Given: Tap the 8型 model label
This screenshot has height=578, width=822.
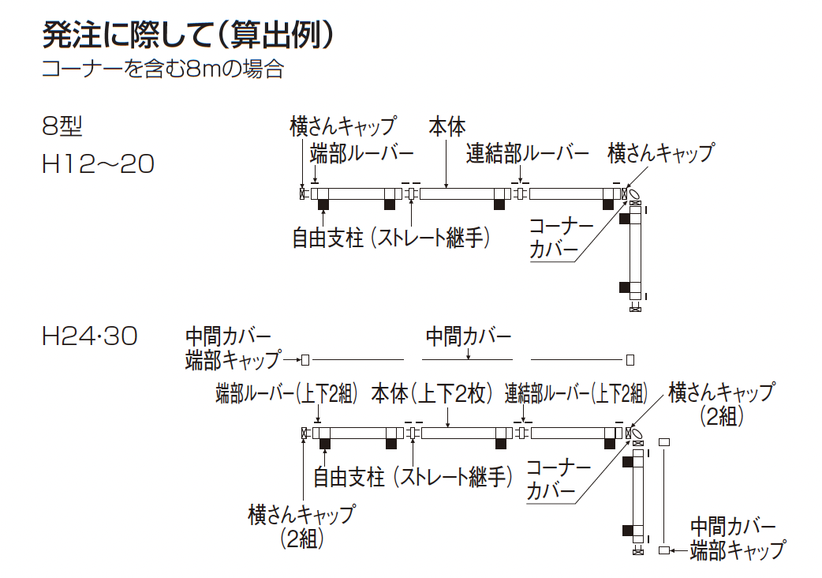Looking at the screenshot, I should pos(62,126).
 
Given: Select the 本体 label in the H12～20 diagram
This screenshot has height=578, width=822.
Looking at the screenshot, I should pos(447,126).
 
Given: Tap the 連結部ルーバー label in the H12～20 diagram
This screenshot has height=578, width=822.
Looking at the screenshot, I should pos(527,152).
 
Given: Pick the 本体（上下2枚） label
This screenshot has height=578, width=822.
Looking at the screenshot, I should pos(432,392).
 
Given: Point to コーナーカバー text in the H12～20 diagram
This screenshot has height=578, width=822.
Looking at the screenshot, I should pos(560,238).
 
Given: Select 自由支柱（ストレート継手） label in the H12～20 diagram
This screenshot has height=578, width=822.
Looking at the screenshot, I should pos(390,238).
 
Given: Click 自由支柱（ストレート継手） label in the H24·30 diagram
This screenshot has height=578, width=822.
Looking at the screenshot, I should pos(413,477).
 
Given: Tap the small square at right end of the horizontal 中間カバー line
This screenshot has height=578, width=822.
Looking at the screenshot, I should pos(630,360).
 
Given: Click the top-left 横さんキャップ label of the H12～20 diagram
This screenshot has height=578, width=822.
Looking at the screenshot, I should pos(342,126).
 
